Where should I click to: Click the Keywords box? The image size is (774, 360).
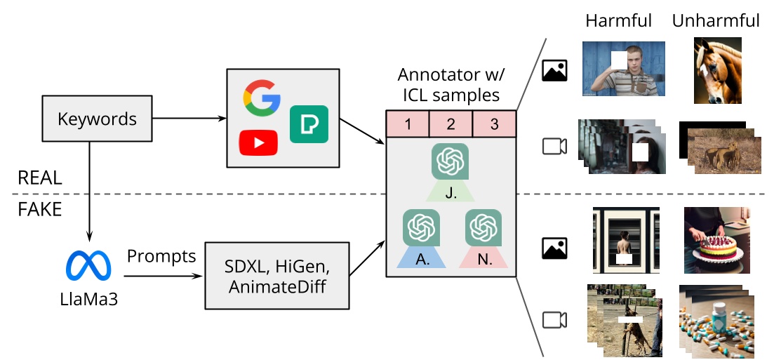97,119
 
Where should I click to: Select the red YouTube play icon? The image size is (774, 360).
258,142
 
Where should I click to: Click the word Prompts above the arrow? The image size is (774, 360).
161,256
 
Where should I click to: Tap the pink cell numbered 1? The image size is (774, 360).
408,124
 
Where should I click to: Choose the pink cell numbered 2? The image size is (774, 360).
451,124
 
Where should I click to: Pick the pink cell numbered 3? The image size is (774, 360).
494,124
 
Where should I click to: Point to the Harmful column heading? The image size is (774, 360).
619,20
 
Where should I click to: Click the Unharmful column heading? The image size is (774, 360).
716,20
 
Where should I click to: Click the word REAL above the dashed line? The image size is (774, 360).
40,178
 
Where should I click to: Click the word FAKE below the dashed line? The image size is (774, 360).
40,209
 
